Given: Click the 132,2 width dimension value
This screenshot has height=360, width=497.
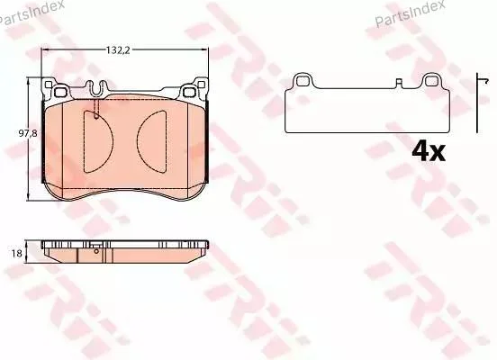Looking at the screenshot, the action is [x=118, y=50].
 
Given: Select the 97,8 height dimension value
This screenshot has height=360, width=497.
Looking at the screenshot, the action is [x=28, y=133].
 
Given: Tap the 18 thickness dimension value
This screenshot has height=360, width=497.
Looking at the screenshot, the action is [x=17, y=254].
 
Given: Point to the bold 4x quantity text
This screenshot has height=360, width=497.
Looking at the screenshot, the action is [x=429, y=152].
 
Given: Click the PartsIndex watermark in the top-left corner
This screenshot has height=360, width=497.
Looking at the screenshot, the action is [x=32, y=12].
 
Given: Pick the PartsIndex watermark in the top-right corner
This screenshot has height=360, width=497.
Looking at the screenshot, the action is [x=410, y=12].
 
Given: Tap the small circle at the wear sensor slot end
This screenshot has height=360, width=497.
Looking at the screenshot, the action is [x=96, y=116].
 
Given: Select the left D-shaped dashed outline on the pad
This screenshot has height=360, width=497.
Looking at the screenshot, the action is [x=98, y=141].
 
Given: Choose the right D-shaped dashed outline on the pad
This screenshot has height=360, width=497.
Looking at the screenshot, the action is [x=152, y=141].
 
